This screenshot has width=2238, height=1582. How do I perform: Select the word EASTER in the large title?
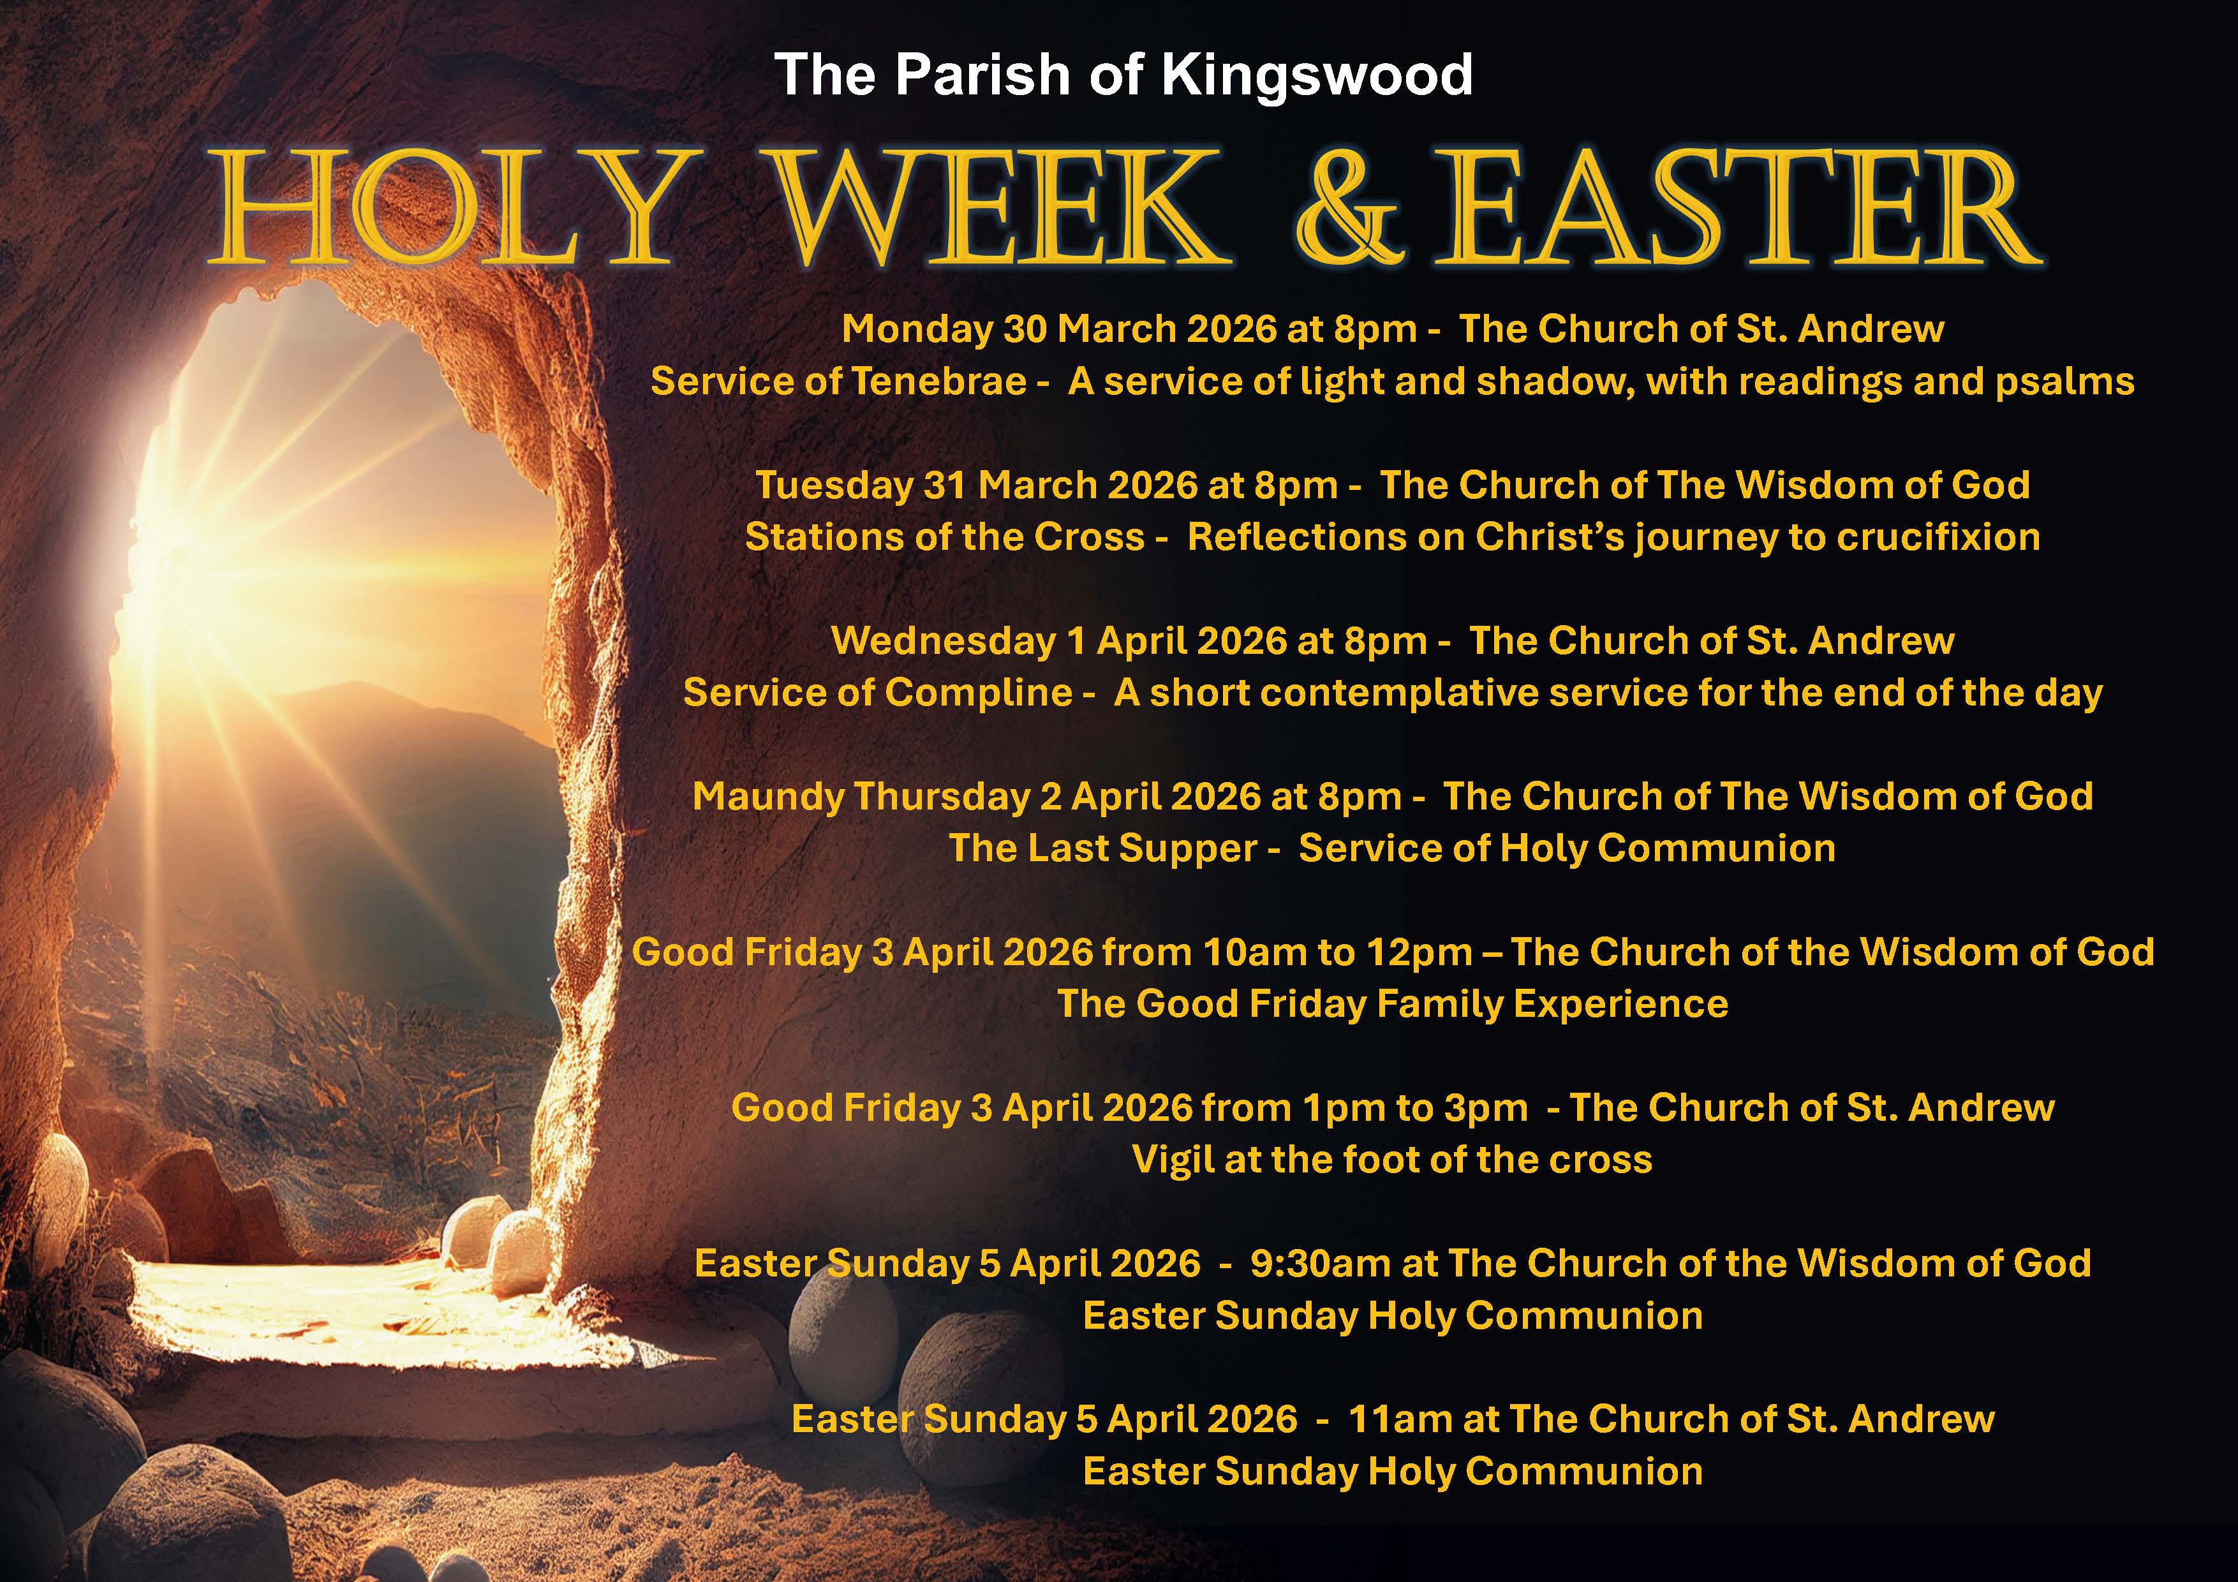(x=1738, y=209)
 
